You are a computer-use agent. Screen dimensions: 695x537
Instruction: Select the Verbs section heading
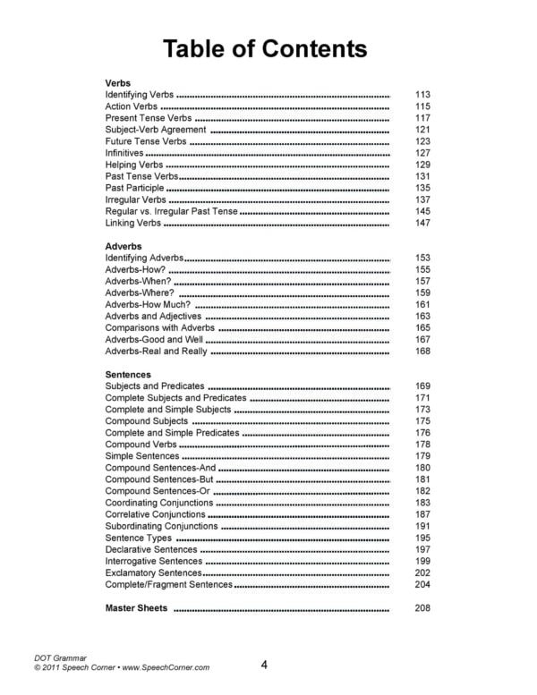tap(118, 82)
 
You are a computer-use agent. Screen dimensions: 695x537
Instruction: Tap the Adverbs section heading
tap(124, 245)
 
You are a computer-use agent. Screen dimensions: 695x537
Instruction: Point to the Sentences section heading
tap(128, 374)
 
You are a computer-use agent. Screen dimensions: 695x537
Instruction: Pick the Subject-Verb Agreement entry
tap(156, 130)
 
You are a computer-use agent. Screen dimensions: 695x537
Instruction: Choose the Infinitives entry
tap(124, 153)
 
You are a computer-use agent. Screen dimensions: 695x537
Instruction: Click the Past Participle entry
tap(135, 189)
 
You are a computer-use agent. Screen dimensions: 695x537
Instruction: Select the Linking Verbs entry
tap(133, 223)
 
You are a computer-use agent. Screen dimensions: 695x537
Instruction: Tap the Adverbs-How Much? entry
tap(148, 305)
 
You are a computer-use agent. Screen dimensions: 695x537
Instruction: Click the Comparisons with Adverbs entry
tap(159, 328)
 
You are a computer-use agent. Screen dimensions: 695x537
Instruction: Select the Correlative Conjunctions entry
tap(159, 514)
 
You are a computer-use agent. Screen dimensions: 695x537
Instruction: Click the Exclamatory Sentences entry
tap(153, 572)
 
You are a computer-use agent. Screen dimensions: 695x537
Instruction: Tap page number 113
tap(423, 94)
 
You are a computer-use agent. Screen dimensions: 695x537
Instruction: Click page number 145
tap(423, 211)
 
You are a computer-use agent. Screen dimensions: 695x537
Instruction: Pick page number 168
tap(423, 352)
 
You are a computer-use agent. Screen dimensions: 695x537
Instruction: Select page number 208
tap(423, 608)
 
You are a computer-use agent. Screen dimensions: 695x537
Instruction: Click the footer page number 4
tap(265, 665)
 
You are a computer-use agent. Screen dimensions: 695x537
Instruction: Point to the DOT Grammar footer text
tap(62, 657)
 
